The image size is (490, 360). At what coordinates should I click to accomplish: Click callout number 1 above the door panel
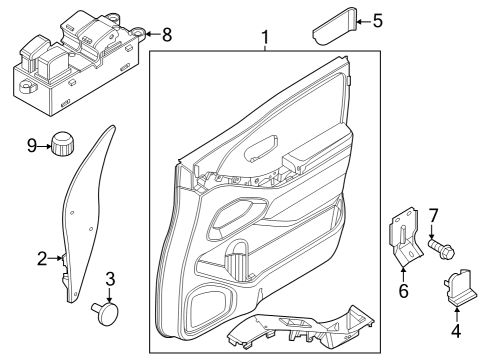coord(265,39)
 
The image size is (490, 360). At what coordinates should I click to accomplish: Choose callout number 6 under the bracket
coord(405,290)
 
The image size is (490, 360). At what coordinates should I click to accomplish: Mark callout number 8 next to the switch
coord(166,34)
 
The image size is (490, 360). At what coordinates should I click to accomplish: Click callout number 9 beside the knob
coord(31,146)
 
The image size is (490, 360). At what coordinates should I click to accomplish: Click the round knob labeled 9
coord(66,144)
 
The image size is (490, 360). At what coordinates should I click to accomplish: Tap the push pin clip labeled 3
coord(103,313)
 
